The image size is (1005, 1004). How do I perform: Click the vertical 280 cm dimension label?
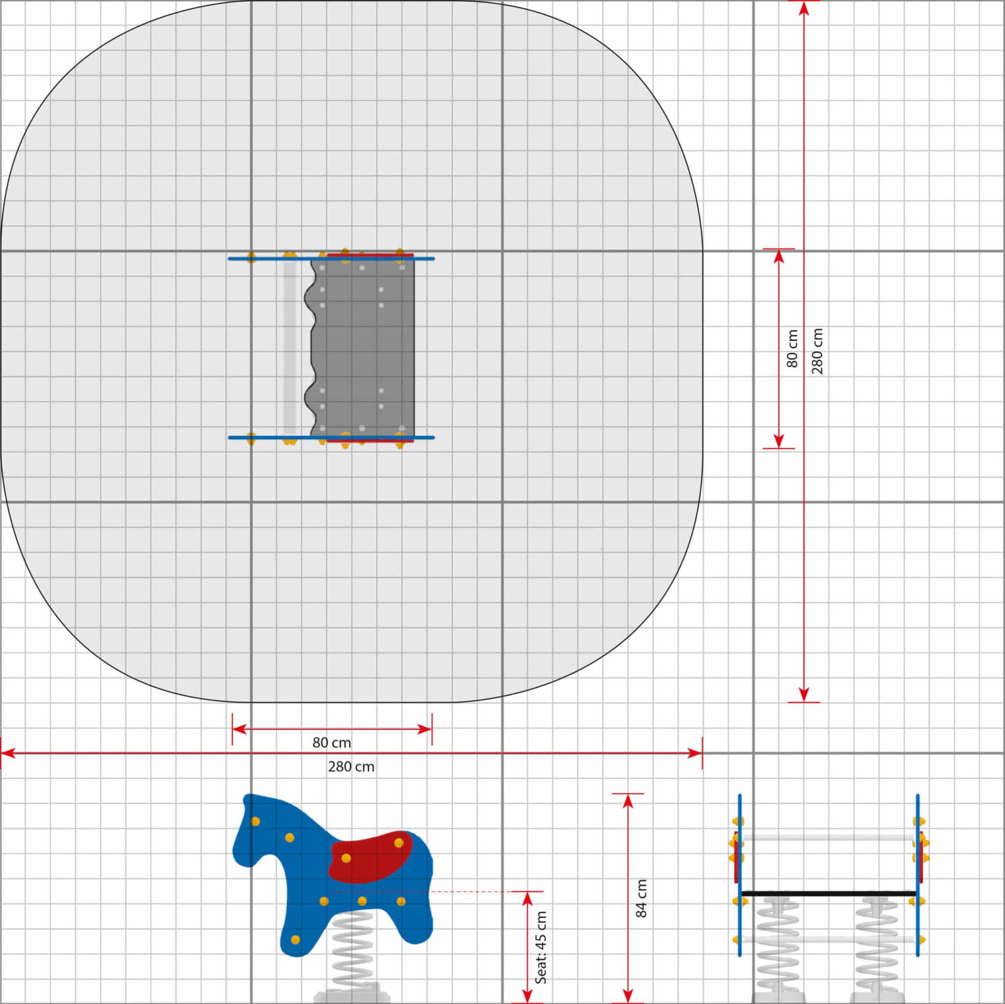pos(817,351)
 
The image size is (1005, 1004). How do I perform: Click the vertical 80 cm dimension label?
pos(792,349)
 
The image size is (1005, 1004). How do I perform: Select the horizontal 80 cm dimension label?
pos(332,743)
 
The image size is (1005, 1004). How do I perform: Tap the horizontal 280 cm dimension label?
pos(351,767)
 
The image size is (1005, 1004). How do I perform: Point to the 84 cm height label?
pos(641,898)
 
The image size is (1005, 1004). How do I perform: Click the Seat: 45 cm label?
pos(541,947)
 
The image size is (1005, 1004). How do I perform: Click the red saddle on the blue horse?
pos(371,856)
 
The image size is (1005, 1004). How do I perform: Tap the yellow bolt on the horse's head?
pos(256,821)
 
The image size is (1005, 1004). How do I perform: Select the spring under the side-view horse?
pos(352,949)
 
